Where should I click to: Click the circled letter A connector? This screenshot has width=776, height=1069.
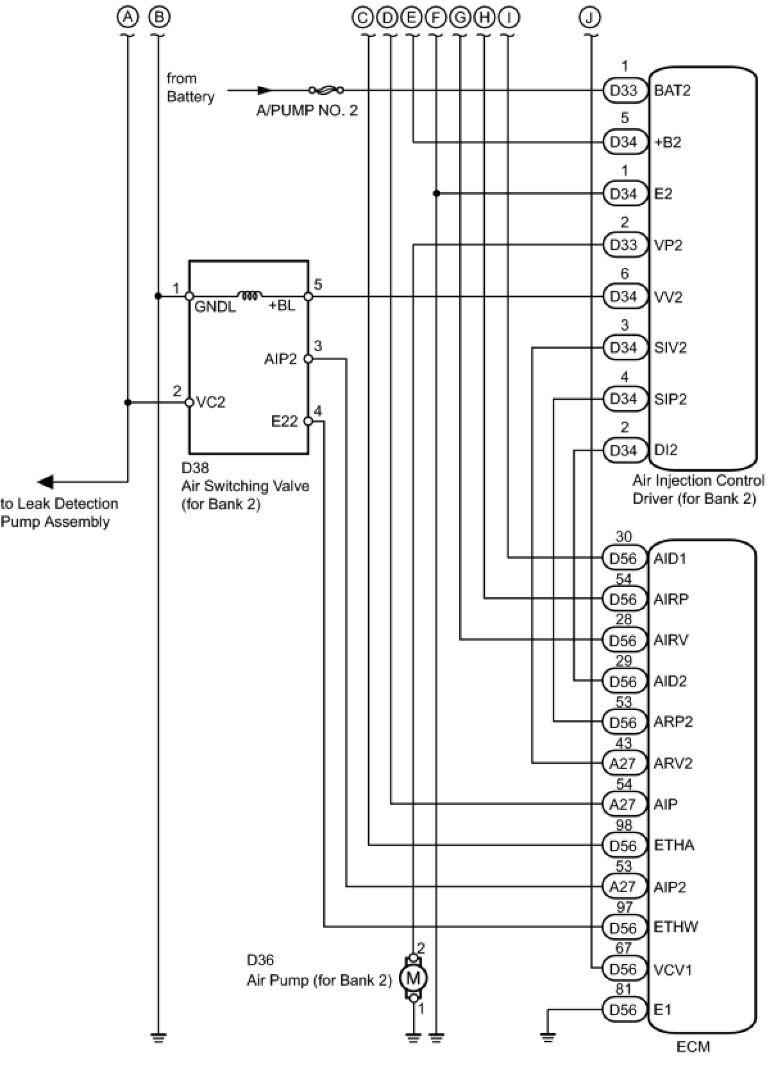pos(128,18)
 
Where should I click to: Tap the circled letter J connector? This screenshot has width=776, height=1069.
pos(590,18)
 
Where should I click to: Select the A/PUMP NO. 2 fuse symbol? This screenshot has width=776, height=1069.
pos(326,90)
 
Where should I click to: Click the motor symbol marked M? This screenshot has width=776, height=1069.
pos(413,979)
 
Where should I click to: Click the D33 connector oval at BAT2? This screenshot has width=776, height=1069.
pos(623,90)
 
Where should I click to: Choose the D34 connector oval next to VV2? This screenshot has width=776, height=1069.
pos(623,296)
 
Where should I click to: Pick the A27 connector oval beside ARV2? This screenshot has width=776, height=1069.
pos(623,763)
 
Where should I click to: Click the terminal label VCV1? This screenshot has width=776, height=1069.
pos(672,970)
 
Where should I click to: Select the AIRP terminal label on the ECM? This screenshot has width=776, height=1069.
pos(671,599)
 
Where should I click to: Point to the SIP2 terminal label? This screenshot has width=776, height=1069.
pos(670,399)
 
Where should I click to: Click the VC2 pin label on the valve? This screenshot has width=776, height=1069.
pos(210,402)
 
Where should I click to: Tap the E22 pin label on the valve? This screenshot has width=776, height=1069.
pos(285,421)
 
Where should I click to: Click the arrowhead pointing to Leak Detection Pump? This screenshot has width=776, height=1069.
pos(46,482)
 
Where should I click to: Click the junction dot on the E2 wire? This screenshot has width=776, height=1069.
pos(436,194)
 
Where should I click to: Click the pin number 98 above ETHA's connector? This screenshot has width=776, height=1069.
pos(623,825)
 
